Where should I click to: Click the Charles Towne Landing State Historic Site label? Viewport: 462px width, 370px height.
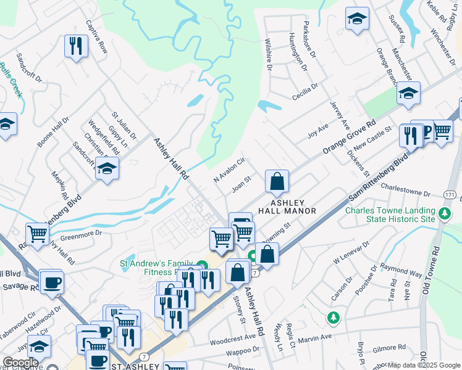tap(390, 215)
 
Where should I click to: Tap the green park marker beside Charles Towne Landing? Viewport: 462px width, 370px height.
tap(444, 214)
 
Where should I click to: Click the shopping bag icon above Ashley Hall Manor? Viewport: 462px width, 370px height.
tap(277, 181)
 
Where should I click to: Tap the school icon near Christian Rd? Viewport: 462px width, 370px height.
tap(107, 168)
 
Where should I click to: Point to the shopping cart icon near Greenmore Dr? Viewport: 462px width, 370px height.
tap(38, 234)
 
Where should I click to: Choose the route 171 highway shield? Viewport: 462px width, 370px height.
tap(450, 195)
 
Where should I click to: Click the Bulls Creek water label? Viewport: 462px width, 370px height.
tap(11, 80)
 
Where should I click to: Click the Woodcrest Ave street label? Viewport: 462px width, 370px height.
tap(232, 338)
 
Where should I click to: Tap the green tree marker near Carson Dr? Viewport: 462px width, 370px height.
tap(334, 317)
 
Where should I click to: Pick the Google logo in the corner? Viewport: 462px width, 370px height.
tap(20, 363)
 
